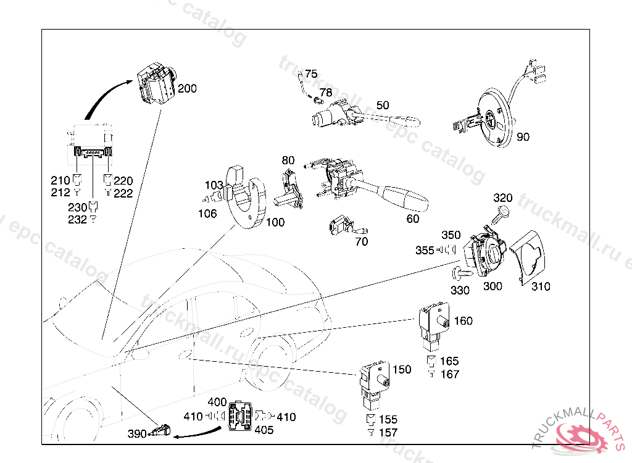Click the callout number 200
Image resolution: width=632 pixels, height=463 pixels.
click(187, 89)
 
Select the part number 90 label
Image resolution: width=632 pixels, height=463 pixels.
click(523, 137)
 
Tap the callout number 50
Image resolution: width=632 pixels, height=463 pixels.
click(383, 106)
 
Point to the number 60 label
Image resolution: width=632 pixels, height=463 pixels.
click(413, 219)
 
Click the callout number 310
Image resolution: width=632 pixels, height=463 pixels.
click(541, 286)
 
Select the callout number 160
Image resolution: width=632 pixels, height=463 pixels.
click(463, 320)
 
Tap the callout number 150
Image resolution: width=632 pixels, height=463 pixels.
click(401, 370)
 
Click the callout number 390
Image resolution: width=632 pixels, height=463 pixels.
click(137, 434)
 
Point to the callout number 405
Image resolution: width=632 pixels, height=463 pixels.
click(264, 430)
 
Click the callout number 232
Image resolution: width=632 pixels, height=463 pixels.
click(77, 220)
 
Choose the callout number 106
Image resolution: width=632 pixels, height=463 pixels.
click(207, 214)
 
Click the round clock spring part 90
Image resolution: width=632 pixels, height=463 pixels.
click(491, 119)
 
